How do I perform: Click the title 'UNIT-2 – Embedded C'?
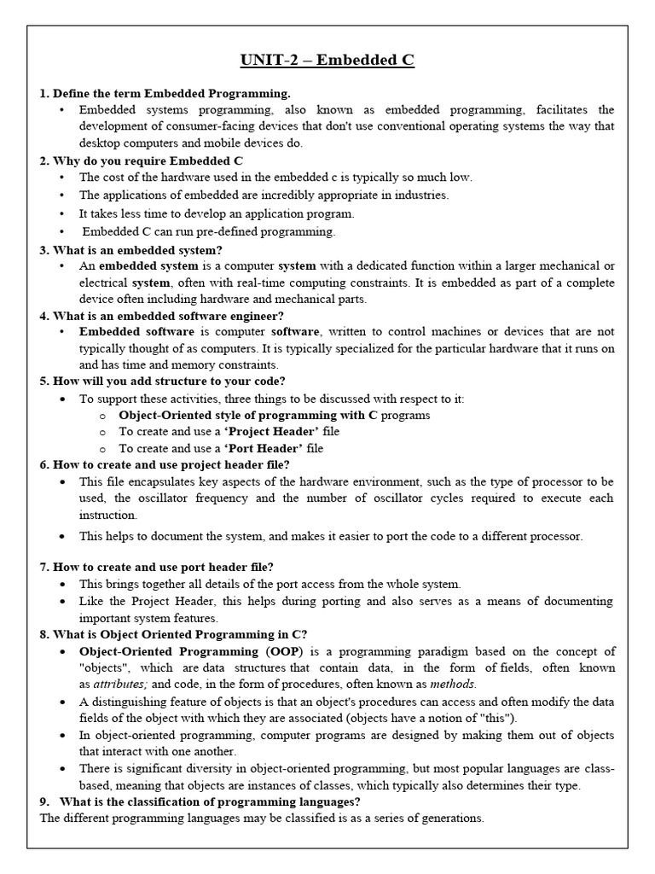click(x=327, y=61)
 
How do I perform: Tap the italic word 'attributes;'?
click(x=108, y=684)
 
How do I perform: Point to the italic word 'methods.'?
click(x=453, y=684)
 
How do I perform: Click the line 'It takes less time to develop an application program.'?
click(x=217, y=213)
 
